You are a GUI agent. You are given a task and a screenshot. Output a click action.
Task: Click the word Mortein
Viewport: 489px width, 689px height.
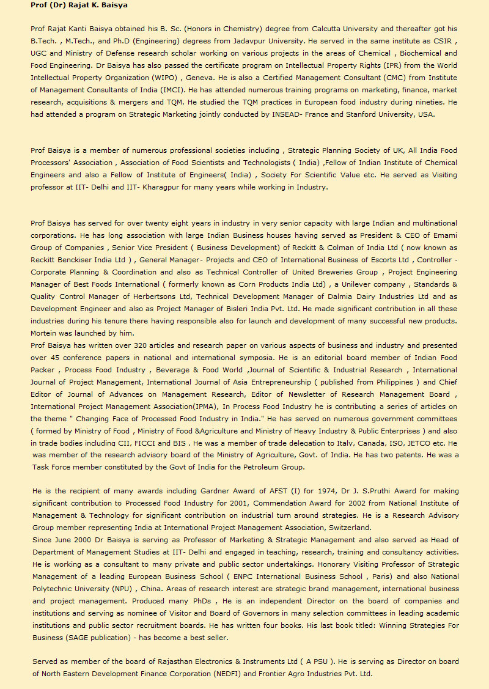coord(45,333)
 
